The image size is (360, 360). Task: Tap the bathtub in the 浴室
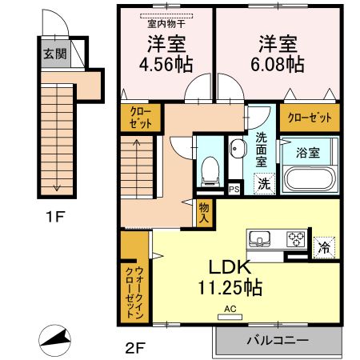(307, 177)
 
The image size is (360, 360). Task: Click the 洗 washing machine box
(263, 183)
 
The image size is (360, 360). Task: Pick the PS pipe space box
(234, 190)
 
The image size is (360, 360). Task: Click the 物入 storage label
(204, 211)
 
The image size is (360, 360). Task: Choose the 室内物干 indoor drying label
(166, 14)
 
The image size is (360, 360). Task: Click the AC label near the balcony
(230, 309)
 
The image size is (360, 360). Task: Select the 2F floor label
(134, 347)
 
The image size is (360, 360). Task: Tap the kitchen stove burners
(296, 238)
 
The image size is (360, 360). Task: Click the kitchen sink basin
(261, 238)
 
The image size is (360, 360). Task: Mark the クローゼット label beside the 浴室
(308, 118)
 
